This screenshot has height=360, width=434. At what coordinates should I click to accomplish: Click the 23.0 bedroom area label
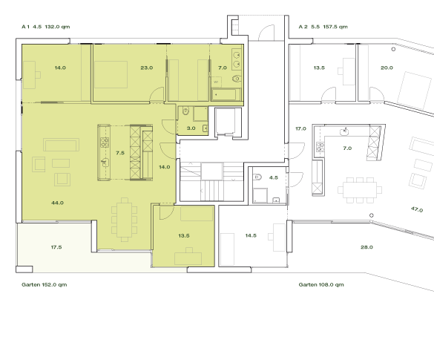tap(146, 68)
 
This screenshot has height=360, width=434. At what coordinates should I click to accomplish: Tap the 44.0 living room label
tap(57, 203)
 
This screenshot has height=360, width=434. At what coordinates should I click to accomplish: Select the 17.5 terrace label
tap(56, 246)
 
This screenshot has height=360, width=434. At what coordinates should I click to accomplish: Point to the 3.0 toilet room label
tap(191, 128)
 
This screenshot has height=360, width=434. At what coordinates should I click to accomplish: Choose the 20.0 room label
tap(387, 68)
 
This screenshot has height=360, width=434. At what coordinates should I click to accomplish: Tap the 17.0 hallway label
tap(300, 129)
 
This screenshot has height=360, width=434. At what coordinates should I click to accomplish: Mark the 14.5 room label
tap(251, 235)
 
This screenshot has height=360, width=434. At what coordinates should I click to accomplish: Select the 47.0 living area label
tap(416, 210)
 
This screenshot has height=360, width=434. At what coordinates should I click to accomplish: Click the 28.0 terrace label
tap(366, 246)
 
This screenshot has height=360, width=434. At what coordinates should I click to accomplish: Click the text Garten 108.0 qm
tap(321, 284)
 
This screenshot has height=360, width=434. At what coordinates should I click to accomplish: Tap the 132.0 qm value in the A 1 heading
tap(57, 26)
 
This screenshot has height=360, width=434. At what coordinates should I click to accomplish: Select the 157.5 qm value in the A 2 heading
tap(335, 26)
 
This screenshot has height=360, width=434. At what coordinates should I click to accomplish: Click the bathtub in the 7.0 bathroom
tap(225, 94)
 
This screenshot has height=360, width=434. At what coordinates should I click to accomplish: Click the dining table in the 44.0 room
tap(125, 220)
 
